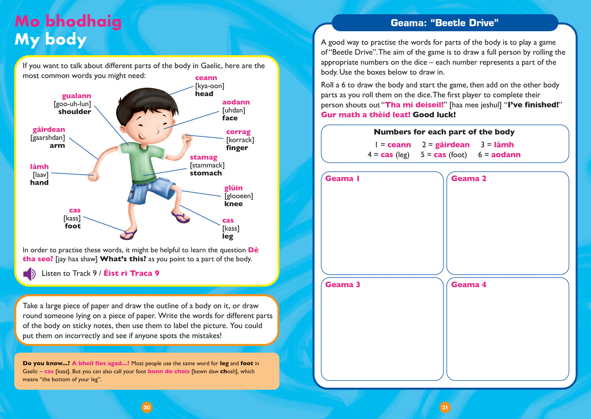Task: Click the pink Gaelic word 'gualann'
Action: tap(76, 96)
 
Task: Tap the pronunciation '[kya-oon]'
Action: tap(210, 86)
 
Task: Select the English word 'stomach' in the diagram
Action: tap(206, 173)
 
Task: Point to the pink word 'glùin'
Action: tap(233, 188)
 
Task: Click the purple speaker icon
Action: tap(29, 274)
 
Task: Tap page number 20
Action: tap(147, 408)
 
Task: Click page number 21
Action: tap(444, 408)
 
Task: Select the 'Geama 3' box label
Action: tap(342, 285)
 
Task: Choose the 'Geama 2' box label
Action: tap(468, 179)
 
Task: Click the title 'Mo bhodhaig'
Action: tap(68, 22)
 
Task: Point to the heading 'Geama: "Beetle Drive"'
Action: tap(444, 23)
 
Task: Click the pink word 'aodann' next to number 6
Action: tap(506, 155)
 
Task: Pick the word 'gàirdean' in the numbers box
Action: tap(452, 145)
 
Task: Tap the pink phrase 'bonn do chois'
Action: tap(169, 371)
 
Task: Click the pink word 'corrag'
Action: tap(238, 132)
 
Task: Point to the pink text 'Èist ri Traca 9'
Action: tap(131, 274)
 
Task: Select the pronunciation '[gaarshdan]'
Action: tap(48, 138)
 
